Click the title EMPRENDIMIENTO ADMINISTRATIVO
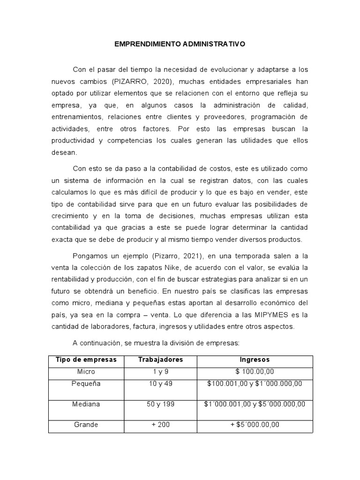180,44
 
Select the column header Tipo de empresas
86,360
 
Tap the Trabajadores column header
161,360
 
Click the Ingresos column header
255,360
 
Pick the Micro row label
86,372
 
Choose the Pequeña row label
86,383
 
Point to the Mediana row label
86,404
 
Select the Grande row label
86,425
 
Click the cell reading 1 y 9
161,372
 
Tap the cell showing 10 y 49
161,383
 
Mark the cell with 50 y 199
161,404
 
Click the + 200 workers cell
161,425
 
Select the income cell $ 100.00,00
255,372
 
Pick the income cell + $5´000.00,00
255,425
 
